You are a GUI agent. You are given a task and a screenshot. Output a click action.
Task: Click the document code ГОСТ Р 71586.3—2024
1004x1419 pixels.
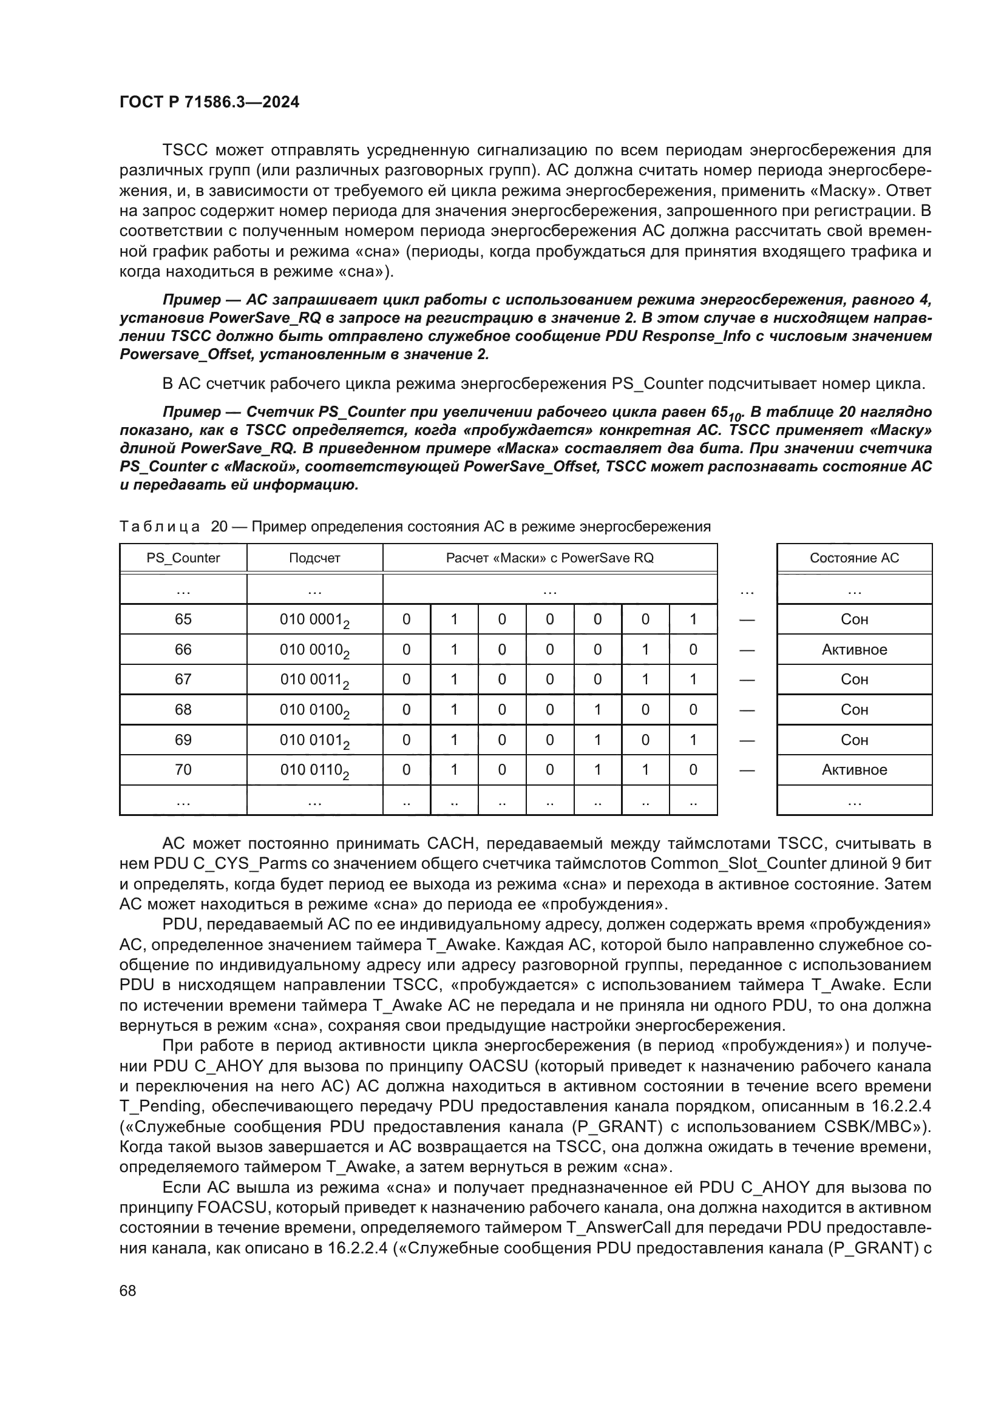pos(209,102)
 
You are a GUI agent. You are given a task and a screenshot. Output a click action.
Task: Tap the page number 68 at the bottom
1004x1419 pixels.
pos(127,1290)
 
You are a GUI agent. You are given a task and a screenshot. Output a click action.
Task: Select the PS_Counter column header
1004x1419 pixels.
pos(183,558)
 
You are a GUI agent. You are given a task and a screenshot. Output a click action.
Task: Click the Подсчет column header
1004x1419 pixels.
pos(314,558)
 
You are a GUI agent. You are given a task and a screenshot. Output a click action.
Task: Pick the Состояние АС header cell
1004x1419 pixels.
pos(854,558)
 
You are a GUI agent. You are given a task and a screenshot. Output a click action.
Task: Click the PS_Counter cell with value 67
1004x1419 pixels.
pos(183,679)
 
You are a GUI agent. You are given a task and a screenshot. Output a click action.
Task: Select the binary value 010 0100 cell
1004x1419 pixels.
pos(314,710)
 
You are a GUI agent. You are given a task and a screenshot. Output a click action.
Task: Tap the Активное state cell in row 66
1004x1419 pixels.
pos(854,650)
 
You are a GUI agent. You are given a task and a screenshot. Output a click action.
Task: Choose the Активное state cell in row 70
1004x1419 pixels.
pos(854,769)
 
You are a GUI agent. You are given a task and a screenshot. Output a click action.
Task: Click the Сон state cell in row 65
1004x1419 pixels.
pos(854,619)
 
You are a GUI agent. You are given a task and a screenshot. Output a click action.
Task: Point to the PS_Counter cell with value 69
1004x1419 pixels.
pos(183,740)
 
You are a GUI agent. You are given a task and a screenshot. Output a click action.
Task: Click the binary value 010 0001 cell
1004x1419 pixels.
pos(314,620)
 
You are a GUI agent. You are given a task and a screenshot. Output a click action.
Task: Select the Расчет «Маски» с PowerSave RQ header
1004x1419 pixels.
pos(549,558)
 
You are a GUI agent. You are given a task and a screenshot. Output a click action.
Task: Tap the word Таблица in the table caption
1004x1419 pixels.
pos(160,527)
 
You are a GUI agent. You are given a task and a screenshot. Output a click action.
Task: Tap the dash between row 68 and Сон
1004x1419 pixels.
pos(747,710)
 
